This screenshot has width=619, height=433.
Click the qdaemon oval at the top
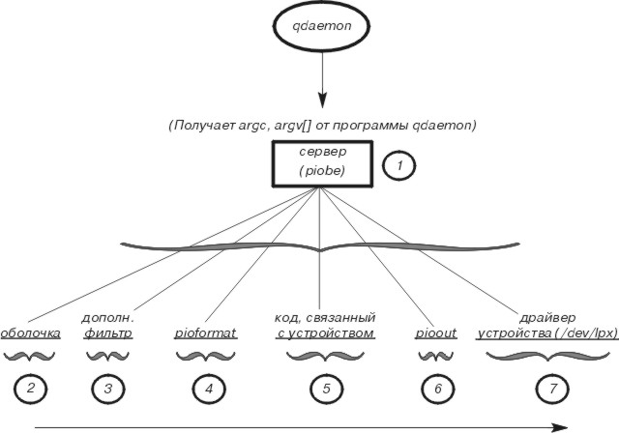click(319, 35)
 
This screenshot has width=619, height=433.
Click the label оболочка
click(30, 333)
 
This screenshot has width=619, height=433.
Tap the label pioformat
click(207, 333)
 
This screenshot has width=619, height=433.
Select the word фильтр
click(107, 333)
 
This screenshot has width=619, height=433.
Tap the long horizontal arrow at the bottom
click(300, 425)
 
